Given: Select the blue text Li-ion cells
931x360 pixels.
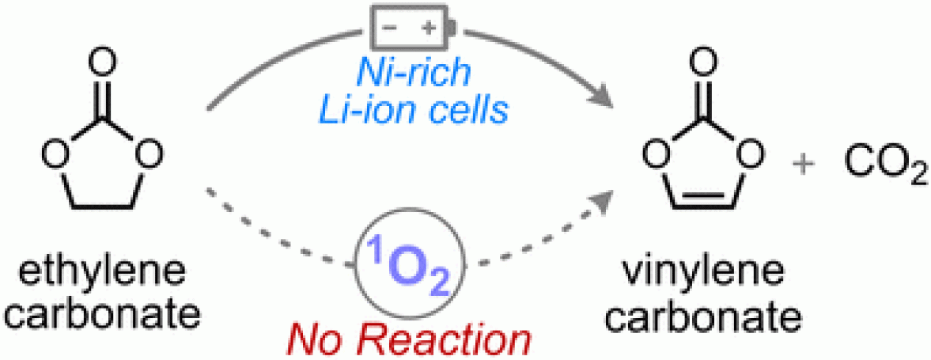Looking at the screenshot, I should click(x=414, y=110).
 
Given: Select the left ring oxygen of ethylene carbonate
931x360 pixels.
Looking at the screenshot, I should click(x=54, y=152).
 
